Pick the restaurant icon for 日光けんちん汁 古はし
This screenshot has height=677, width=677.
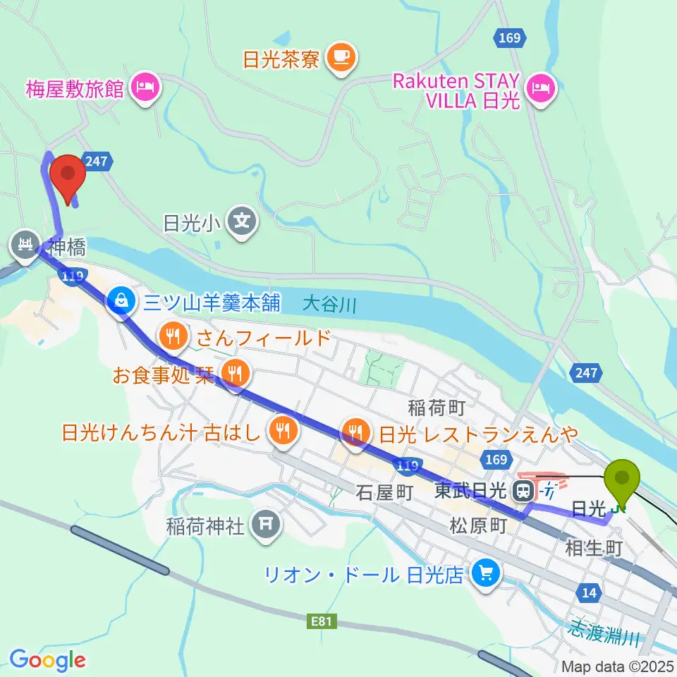(283, 429)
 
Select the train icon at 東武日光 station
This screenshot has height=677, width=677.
(524, 490)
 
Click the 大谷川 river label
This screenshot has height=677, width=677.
(331, 305)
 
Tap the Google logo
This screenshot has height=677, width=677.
(47, 661)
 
